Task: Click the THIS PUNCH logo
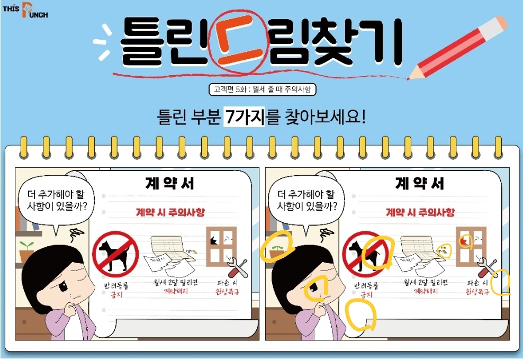point(25,10)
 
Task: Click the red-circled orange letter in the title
point(239,42)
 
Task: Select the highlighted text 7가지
point(244,117)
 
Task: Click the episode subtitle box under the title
point(262,89)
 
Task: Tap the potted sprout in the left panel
point(26,251)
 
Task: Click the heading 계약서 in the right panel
point(420,184)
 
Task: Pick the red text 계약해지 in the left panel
point(176,291)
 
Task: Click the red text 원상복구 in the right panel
point(477,292)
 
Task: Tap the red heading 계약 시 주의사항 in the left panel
point(170,212)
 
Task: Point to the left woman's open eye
point(64,285)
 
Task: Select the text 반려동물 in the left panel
point(116,286)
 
